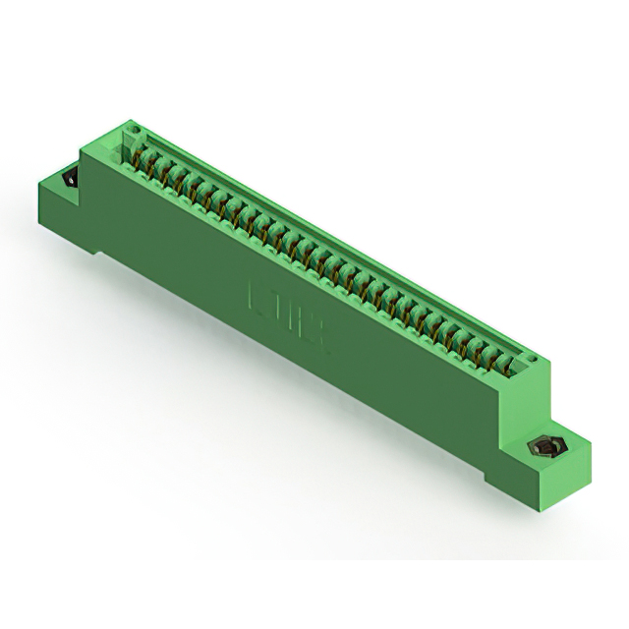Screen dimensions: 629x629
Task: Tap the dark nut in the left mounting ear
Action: pyautogui.click(x=71, y=180)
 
